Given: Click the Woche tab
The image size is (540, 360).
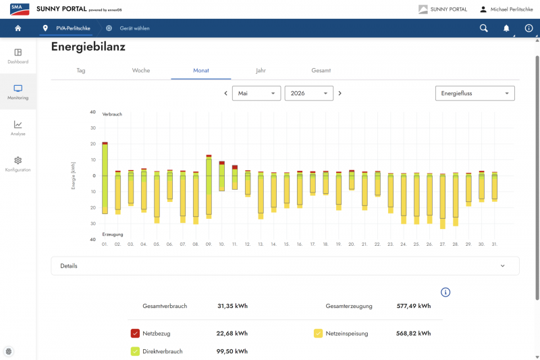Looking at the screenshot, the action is click(x=141, y=70).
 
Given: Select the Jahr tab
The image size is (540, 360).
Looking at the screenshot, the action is click(x=261, y=70).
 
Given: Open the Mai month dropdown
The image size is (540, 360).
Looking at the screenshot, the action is click(x=256, y=93).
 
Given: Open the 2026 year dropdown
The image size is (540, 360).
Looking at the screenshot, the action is click(x=309, y=93).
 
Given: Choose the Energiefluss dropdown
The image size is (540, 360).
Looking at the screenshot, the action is click(x=475, y=93).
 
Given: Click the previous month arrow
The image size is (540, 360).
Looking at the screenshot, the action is click(x=226, y=93).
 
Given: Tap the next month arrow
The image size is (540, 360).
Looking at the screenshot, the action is click(x=340, y=93).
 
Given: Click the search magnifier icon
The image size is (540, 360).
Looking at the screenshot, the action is click(x=484, y=28).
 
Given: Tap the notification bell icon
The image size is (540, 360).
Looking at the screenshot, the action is click(x=506, y=28).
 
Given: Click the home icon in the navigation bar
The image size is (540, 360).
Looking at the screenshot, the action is click(x=18, y=28).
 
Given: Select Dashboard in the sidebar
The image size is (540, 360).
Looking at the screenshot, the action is click(x=18, y=57).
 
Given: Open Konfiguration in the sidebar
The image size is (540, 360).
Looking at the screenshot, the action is click(x=18, y=164).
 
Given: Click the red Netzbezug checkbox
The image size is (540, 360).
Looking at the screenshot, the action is click(x=135, y=334).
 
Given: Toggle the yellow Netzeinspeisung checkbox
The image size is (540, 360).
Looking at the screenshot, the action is click(x=318, y=334).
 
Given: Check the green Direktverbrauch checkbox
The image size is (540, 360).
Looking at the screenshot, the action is click(x=135, y=351).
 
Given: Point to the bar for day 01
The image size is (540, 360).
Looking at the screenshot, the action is click(x=105, y=178).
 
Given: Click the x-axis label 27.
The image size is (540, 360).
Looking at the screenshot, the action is click(x=443, y=245).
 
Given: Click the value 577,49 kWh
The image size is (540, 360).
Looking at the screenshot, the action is click(x=414, y=306).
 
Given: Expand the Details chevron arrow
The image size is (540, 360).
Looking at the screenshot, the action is click(x=502, y=266).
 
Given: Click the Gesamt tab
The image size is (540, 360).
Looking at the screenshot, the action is click(x=321, y=70).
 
